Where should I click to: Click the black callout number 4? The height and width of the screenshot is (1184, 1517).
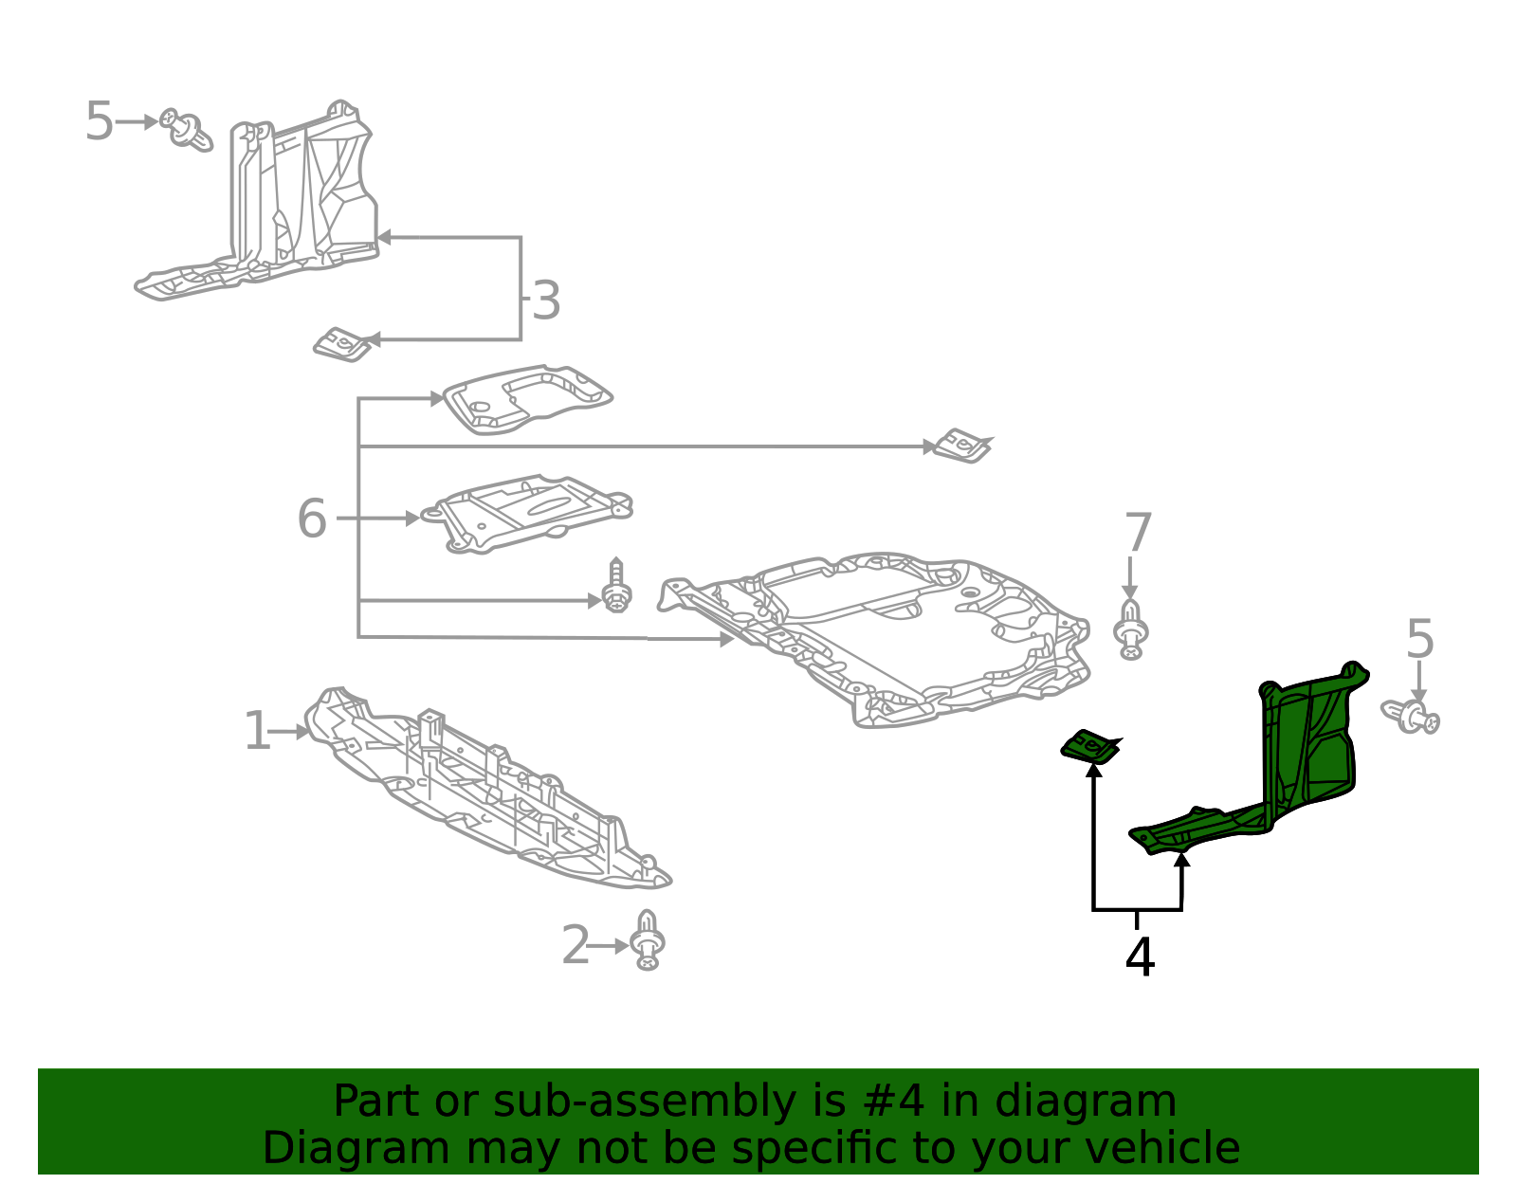[x=1140, y=957]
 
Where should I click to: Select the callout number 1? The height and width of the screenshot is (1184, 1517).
[x=256, y=732]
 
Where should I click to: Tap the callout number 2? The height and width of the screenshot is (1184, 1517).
[x=576, y=946]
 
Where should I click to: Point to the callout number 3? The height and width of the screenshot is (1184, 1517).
[x=545, y=301]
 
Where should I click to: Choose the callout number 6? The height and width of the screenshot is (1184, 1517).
[x=312, y=519]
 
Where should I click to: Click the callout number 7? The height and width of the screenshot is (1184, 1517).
[x=1138, y=533]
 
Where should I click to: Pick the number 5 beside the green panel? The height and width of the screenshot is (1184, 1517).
[x=1419, y=640]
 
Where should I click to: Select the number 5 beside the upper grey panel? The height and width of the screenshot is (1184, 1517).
[x=99, y=121]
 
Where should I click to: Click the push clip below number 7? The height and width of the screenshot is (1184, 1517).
[x=1131, y=629]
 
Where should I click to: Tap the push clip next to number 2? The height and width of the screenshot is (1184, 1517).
[x=648, y=940]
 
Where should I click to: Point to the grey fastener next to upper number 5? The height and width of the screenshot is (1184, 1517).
[x=187, y=130]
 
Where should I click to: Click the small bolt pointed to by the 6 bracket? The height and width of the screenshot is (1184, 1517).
[x=617, y=588]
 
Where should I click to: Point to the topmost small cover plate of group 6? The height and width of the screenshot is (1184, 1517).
[x=527, y=399]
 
